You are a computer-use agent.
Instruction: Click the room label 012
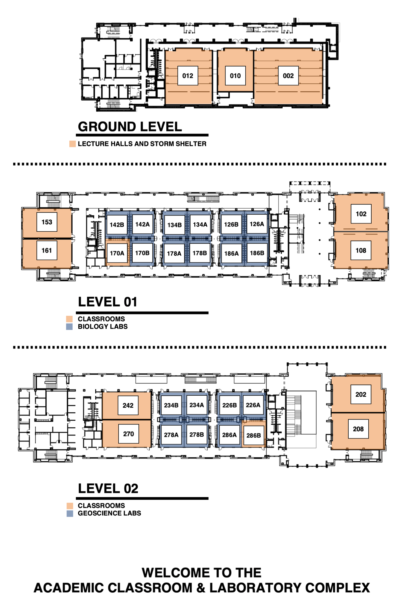point(188,76)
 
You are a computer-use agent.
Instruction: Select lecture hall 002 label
point(288,76)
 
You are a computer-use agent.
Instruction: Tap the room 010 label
point(235,76)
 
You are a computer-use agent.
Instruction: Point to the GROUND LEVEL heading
point(130,127)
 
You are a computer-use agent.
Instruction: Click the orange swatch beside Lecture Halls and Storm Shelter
point(73,144)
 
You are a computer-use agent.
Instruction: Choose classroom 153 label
point(47,222)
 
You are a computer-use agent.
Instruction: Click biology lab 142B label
point(117,225)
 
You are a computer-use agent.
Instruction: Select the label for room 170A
point(117,253)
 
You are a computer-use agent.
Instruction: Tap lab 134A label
point(200,225)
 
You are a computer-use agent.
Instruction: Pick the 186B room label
point(257,253)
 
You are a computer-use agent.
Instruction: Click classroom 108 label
point(361,250)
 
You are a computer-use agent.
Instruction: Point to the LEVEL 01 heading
point(107,302)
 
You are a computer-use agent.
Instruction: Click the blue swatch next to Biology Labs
point(69,327)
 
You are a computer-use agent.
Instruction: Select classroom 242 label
point(128,406)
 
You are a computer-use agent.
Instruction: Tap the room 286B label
point(254,435)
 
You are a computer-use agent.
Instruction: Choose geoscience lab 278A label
point(171,435)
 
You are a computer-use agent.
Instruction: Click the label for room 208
point(358,429)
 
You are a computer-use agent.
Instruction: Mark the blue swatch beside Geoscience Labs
point(70,514)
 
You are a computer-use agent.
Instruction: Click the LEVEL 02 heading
point(108,489)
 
